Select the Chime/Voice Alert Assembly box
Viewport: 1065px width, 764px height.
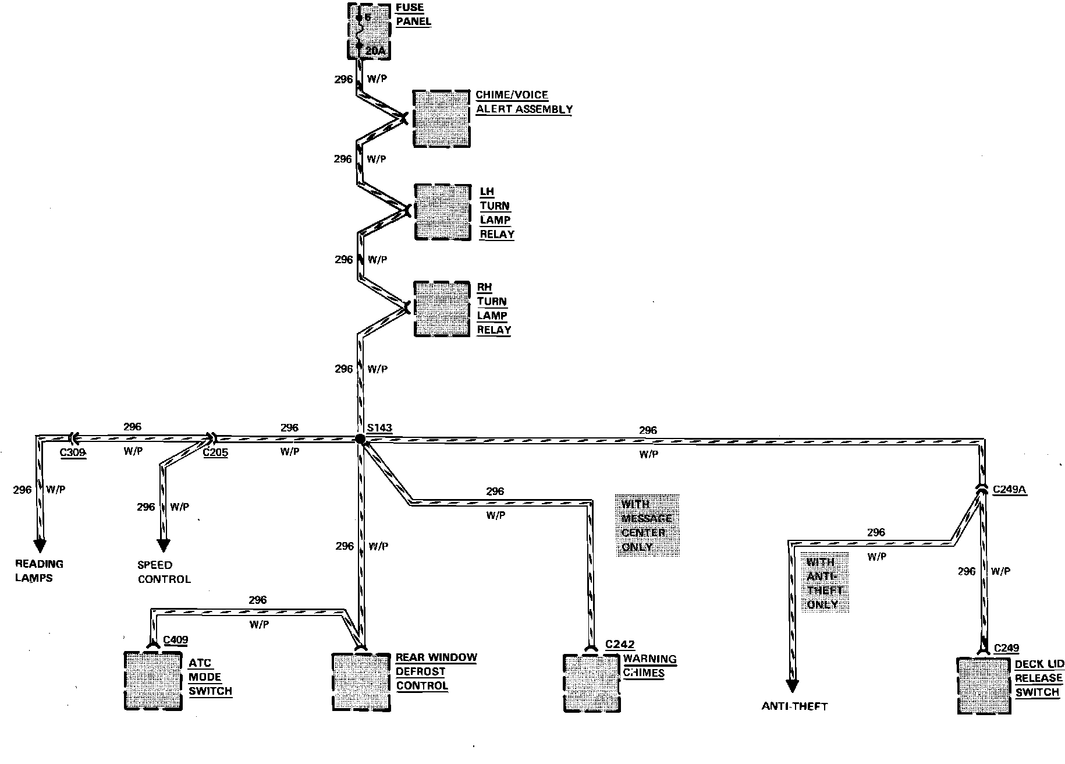(x=441, y=118)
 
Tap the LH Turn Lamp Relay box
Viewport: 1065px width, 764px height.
(x=442, y=212)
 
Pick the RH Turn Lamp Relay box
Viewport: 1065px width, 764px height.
(x=442, y=309)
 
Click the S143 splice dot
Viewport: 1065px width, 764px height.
(x=360, y=440)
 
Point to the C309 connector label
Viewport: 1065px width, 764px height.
(x=74, y=452)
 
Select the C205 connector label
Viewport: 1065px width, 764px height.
(x=215, y=452)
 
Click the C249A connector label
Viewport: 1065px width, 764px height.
(x=1009, y=490)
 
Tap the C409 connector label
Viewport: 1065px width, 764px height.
(x=175, y=641)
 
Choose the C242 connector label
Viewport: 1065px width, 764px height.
(x=619, y=644)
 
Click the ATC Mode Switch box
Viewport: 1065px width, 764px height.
(x=153, y=680)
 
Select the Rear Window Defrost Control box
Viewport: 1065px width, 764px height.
(x=360, y=682)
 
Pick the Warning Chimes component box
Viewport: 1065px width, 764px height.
(x=591, y=683)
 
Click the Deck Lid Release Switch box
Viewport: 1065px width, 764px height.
(x=984, y=685)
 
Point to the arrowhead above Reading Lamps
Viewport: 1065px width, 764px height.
(x=40, y=545)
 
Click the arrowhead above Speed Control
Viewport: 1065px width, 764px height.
(x=164, y=546)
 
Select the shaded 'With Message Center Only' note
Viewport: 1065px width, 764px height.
(x=647, y=525)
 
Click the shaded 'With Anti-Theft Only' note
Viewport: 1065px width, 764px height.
(x=824, y=583)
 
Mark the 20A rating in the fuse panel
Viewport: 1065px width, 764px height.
(x=375, y=51)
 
